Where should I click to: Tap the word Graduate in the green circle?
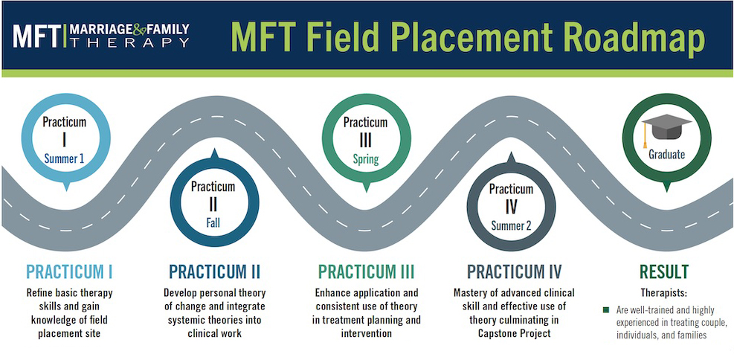coord(666,154)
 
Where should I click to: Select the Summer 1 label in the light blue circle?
coord(64,158)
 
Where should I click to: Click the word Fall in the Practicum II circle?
coord(213,223)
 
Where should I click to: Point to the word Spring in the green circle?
coord(366,160)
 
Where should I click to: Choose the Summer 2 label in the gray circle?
coord(511,225)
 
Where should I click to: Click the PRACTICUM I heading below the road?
coord(69,272)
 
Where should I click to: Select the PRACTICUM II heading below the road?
coord(214,272)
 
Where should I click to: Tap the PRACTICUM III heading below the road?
coord(366,272)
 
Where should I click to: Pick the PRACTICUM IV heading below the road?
coord(514,272)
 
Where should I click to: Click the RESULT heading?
coord(664,272)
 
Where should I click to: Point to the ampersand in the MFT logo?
coord(140,30)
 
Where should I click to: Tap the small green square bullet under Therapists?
coord(606,310)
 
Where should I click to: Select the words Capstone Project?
coord(514,333)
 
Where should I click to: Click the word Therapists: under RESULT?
coord(664,294)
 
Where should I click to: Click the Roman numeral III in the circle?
coord(366,141)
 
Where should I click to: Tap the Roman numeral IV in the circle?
coord(511,207)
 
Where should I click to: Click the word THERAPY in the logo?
coord(129,42)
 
